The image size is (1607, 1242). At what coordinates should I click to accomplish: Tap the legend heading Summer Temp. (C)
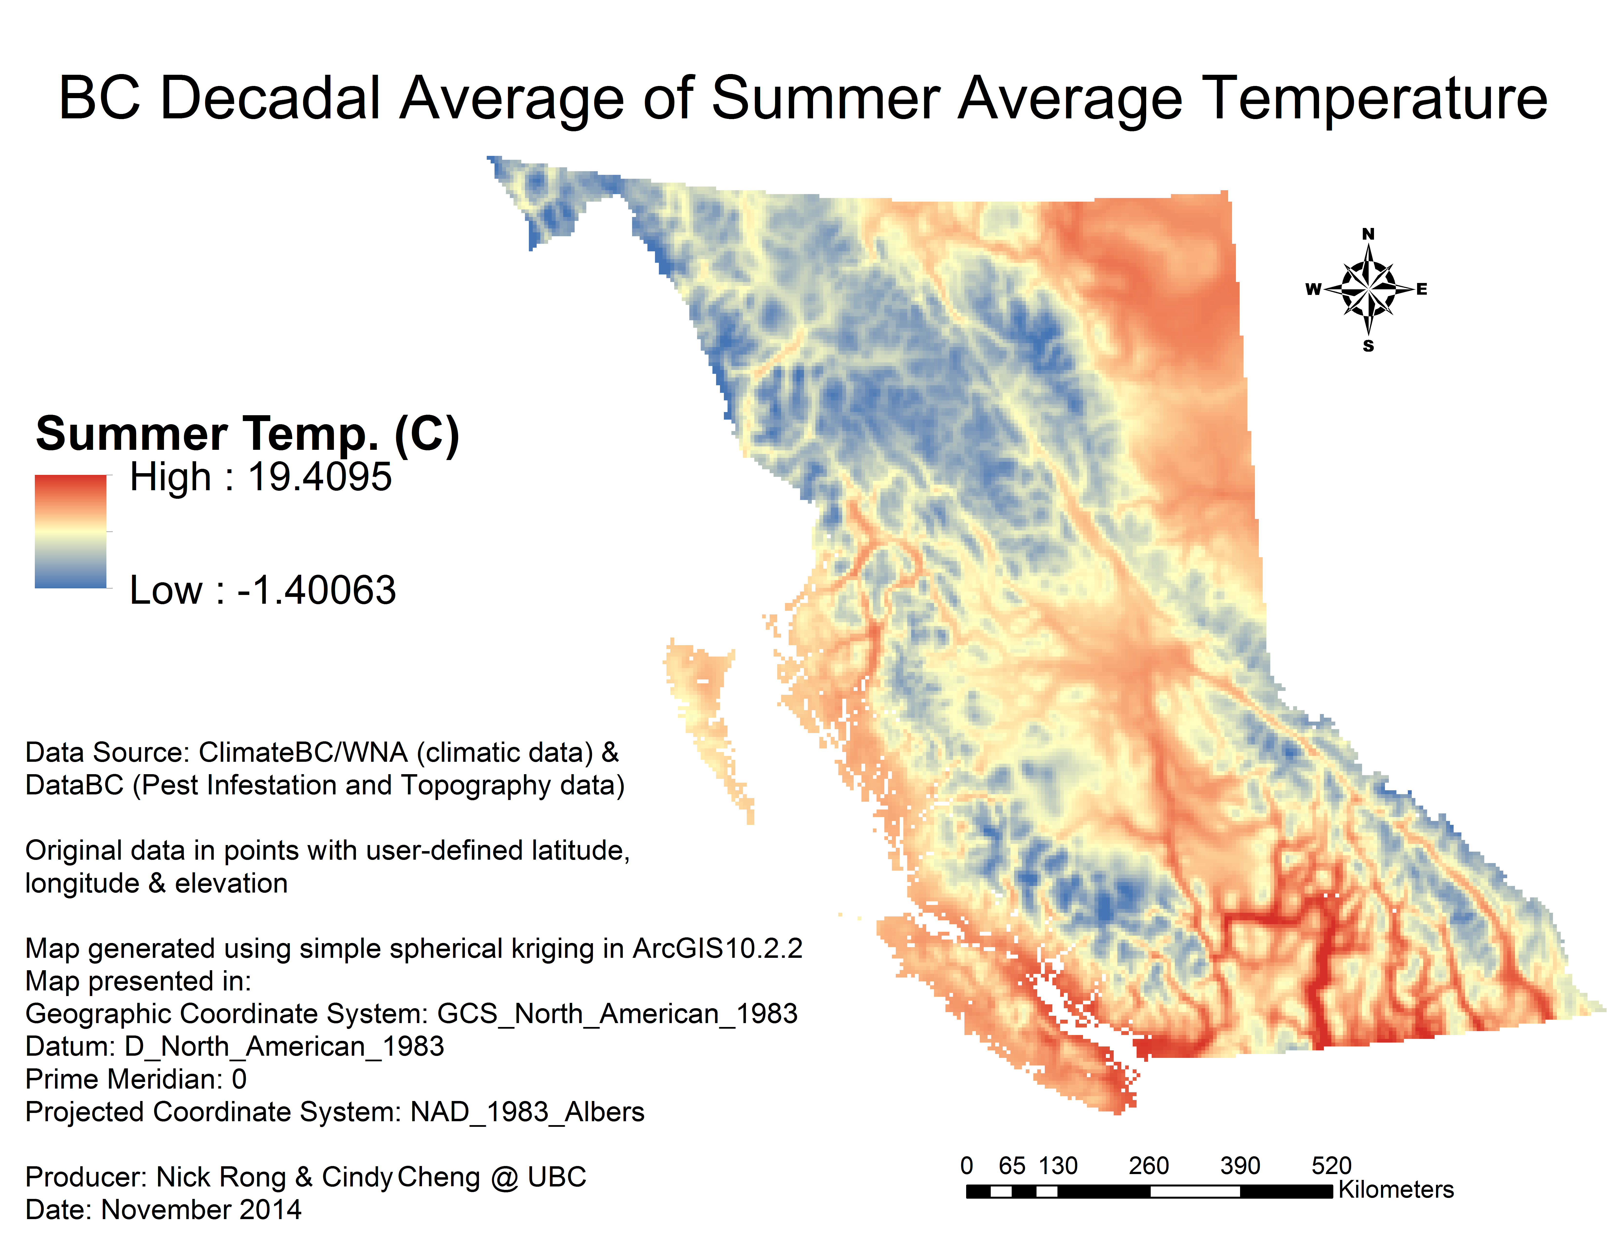click(x=247, y=434)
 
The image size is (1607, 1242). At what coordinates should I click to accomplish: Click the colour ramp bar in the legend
click(x=71, y=531)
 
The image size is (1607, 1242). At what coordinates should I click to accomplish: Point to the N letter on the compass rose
click(x=1368, y=234)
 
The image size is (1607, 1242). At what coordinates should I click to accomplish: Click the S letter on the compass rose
click(x=1368, y=346)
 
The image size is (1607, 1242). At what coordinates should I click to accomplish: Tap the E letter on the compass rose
click(x=1421, y=289)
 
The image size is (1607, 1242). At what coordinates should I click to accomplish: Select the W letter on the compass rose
click(x=1313, y=289)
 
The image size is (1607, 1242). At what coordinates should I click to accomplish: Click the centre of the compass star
click(x=1368, y=289)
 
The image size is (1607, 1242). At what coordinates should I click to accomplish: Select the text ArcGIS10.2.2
click(x=717, y=948)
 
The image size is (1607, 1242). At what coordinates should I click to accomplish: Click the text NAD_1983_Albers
click(x=527, y=1112)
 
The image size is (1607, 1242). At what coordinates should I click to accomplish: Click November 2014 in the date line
click(x=201, y=1210)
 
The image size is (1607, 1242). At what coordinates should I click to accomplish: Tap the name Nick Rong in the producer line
click(x=221, y=1177)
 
